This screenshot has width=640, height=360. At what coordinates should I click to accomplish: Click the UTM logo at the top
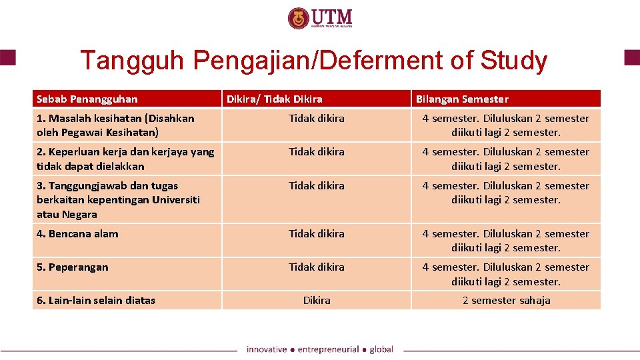click(320, 18)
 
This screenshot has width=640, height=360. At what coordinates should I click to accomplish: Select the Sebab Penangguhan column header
click(87, 99)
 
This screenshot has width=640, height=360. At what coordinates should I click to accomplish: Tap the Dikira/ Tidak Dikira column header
click(275, 99)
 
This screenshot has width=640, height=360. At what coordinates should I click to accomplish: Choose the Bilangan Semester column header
click(462, 99)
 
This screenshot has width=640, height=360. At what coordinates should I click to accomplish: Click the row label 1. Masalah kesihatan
click(115, 125)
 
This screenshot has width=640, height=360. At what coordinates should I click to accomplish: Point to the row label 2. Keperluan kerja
click(125, 159)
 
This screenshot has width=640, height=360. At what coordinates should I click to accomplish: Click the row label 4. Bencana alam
click(77, 234)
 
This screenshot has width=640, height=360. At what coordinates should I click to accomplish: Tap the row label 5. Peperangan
click(73, 267)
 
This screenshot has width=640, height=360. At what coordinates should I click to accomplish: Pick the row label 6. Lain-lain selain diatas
click(96, 301)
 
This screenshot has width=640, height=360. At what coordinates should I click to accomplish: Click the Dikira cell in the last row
click(317, 301)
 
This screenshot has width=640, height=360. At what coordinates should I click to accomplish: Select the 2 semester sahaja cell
click(507, 301)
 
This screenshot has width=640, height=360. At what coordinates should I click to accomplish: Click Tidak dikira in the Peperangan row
click(317, 267)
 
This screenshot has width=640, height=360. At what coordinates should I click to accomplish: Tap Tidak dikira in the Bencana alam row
click(317, 234)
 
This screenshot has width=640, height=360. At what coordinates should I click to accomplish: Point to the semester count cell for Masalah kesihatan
click(506, 125)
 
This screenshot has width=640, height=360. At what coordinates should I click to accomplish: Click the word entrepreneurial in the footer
click(327, 349)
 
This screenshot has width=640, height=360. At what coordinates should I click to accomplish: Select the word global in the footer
click(381, 349)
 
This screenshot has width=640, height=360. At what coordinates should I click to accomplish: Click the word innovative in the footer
click(266, 349)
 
